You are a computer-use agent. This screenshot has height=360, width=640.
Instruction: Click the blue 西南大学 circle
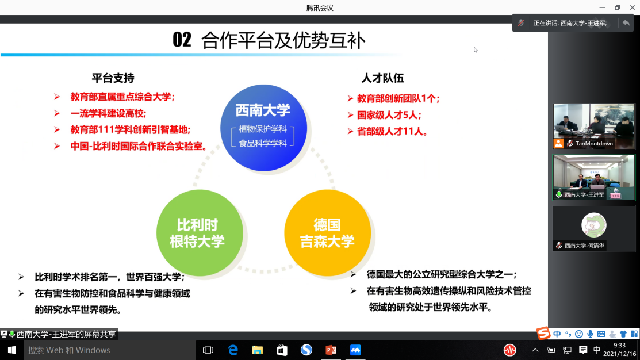(263, 128)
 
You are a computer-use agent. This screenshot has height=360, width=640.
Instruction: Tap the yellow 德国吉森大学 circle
(327, 233)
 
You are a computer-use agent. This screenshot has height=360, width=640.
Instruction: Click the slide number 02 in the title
(182, 40)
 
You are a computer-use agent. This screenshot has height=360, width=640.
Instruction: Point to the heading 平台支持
(113, 78)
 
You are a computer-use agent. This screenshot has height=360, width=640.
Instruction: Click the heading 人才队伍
(382, 78)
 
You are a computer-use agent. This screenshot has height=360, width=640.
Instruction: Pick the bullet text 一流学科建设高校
(108, 113)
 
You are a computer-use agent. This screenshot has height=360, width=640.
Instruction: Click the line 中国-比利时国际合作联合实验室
(138, 146)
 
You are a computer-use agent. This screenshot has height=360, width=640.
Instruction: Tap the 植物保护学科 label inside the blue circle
(263, 129)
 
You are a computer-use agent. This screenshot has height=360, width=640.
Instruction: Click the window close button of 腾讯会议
(632, 7)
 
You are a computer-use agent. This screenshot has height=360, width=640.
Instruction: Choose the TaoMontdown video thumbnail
(594, 126)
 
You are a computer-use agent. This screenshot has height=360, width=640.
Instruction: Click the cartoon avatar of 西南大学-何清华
(593, 225)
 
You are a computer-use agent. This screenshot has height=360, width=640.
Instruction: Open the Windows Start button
(12, 350)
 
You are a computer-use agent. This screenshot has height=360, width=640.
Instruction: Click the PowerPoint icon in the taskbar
(331, 350)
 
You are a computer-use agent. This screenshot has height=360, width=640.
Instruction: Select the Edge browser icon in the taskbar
(233, 350)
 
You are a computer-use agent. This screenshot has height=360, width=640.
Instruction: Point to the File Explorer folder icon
(257, 350)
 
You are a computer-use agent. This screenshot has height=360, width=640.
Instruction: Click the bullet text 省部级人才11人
(392, 132)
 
